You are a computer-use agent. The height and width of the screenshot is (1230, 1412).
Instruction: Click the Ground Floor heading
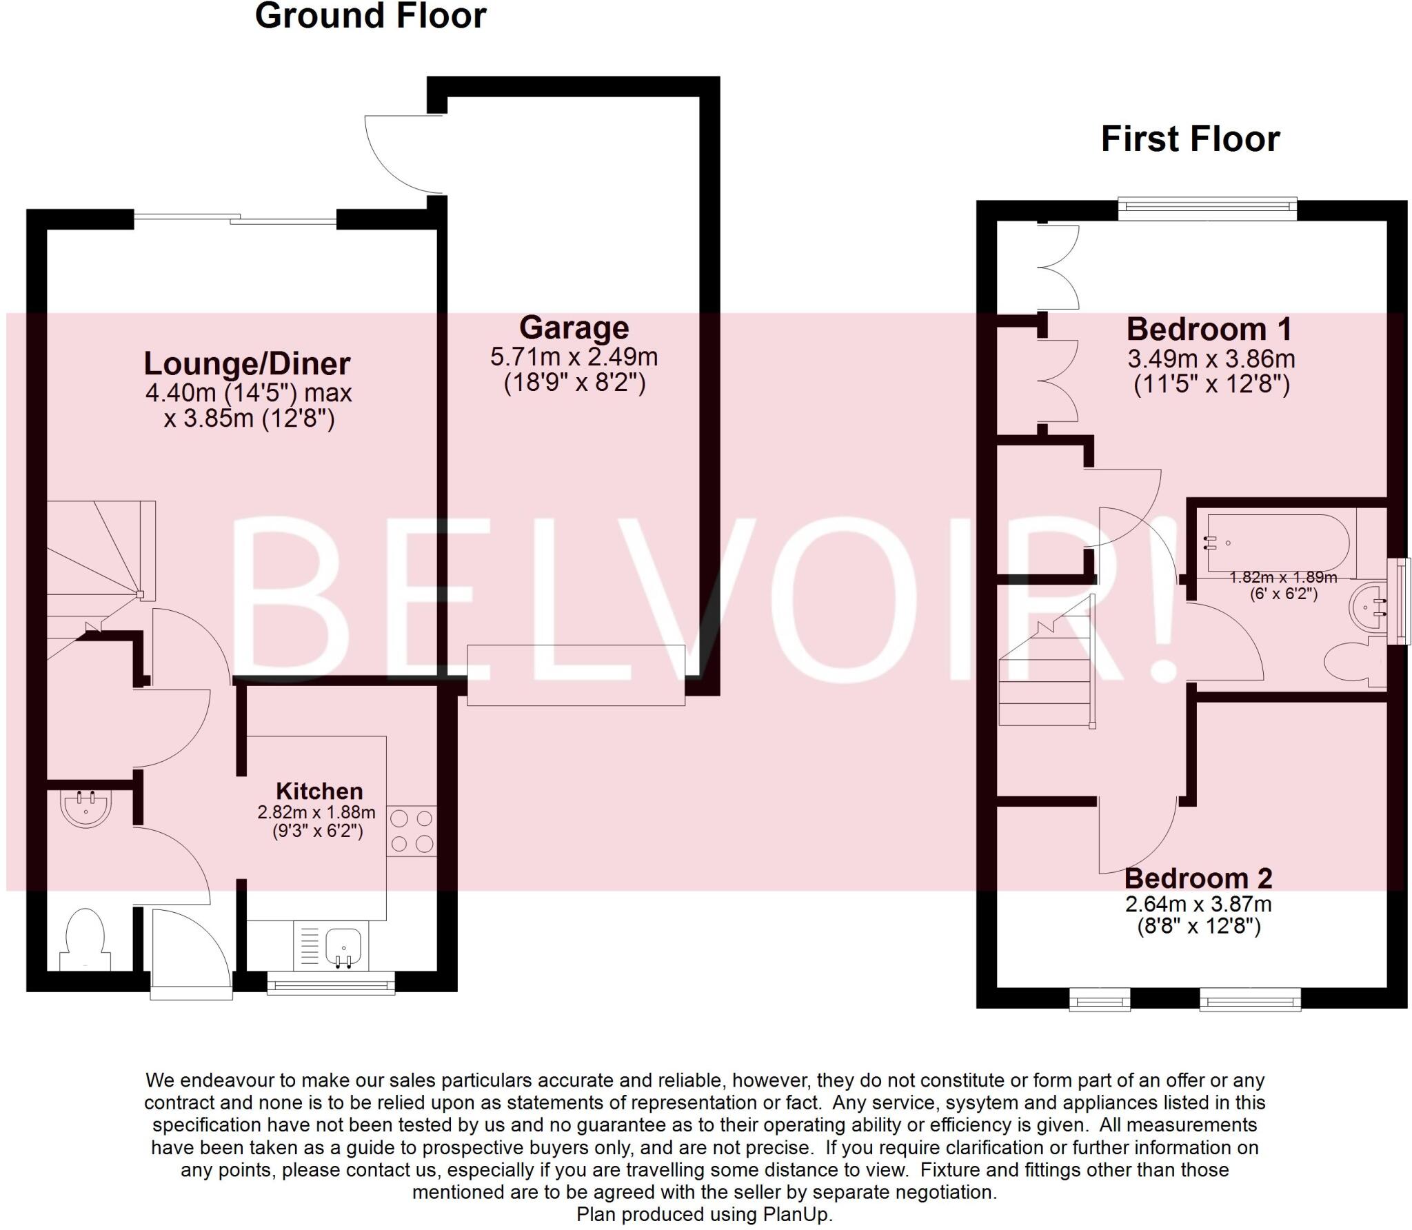pyautogui.click(x=370, y=17)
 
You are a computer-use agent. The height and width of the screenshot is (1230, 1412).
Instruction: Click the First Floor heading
pyautogui.click(x=1190, y=139)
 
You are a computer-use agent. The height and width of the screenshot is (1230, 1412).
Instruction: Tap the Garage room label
pyautogui.click(x=574, y=328)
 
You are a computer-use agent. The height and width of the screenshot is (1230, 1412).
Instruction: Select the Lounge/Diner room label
pyautogui.click(x=247, y=364)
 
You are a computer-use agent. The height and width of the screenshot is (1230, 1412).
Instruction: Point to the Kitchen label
pyautogui.click(x=319, y=791)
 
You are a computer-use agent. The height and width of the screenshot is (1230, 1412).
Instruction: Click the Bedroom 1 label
pyautogui.click(x=1209, y=330)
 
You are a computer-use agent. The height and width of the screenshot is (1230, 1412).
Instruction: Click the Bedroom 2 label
pyautogui.click(x=1198, y=878)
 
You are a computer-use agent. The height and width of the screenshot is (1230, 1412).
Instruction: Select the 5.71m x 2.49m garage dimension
pyautogui.click(x=574, y=357)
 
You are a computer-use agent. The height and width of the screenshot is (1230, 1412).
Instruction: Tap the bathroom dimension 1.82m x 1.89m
pyautogui.click(x=1283, y=578)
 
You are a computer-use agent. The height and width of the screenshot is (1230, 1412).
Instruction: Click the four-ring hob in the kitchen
pyautogui.click(x=412, y=831)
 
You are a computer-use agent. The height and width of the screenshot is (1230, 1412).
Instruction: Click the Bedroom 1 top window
pyautogui.click(x=1207, y=208)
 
